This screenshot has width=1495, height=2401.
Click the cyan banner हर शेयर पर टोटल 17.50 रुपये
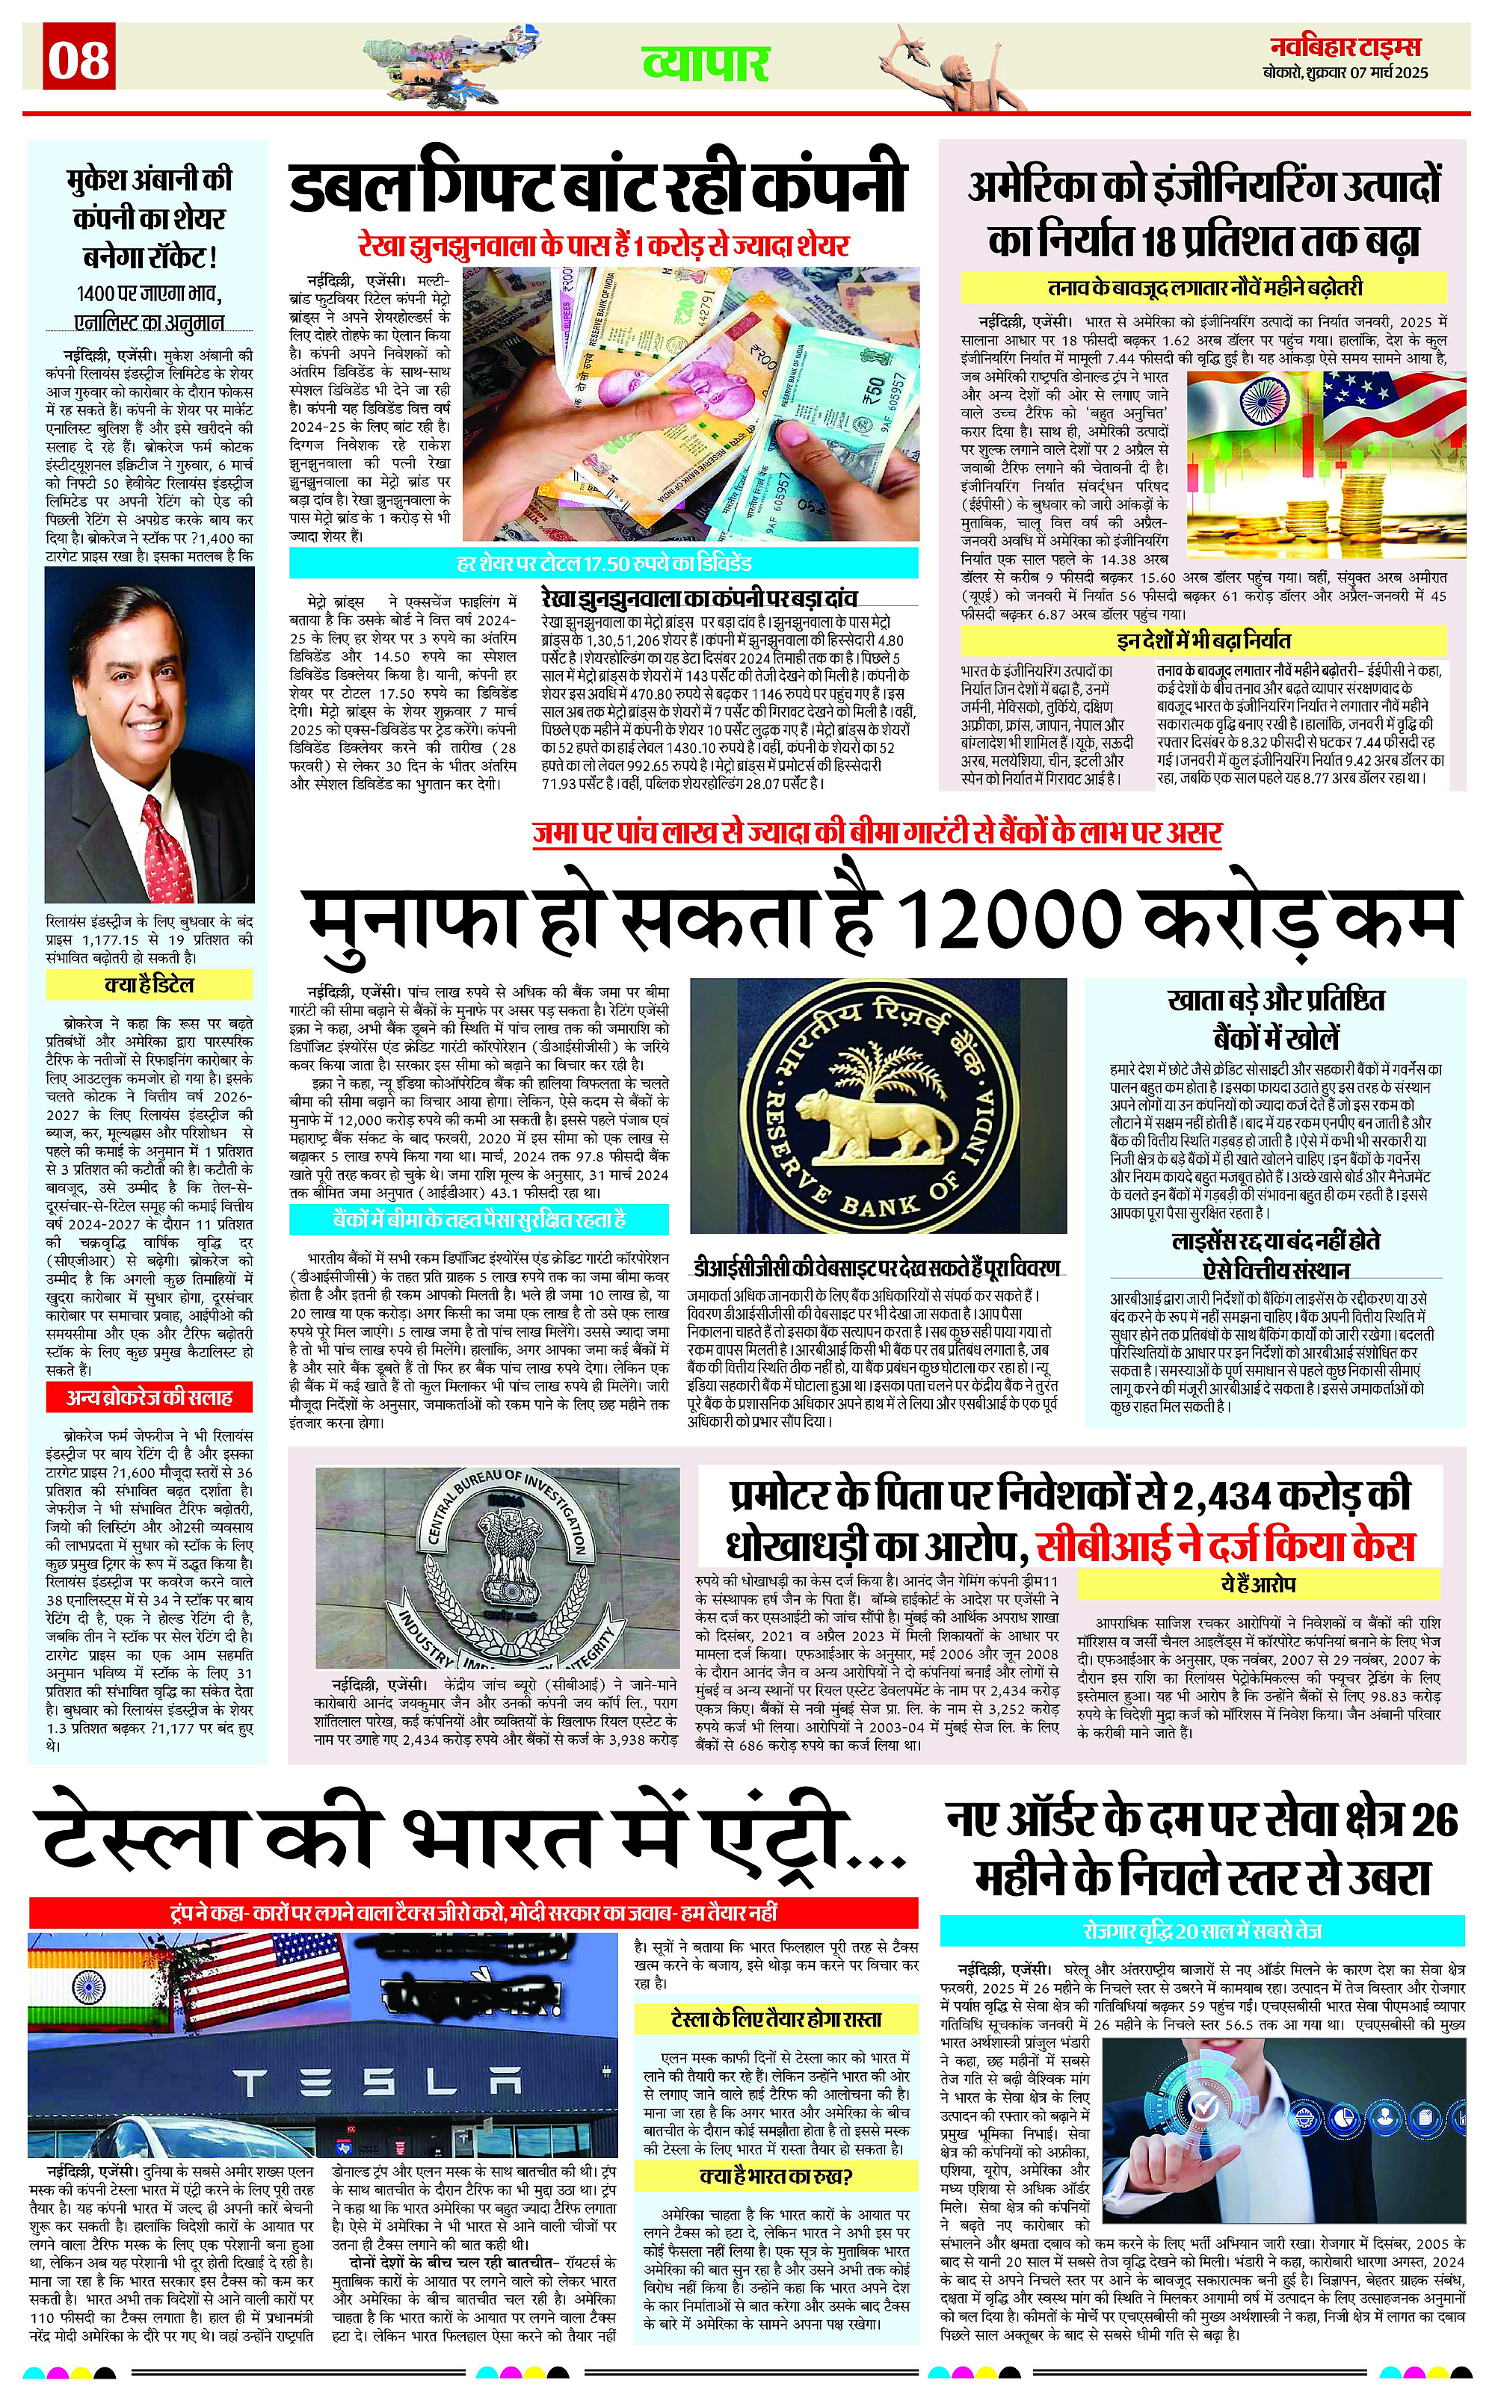(604, 563)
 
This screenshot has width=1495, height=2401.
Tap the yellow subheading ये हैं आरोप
(1258, 1583)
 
